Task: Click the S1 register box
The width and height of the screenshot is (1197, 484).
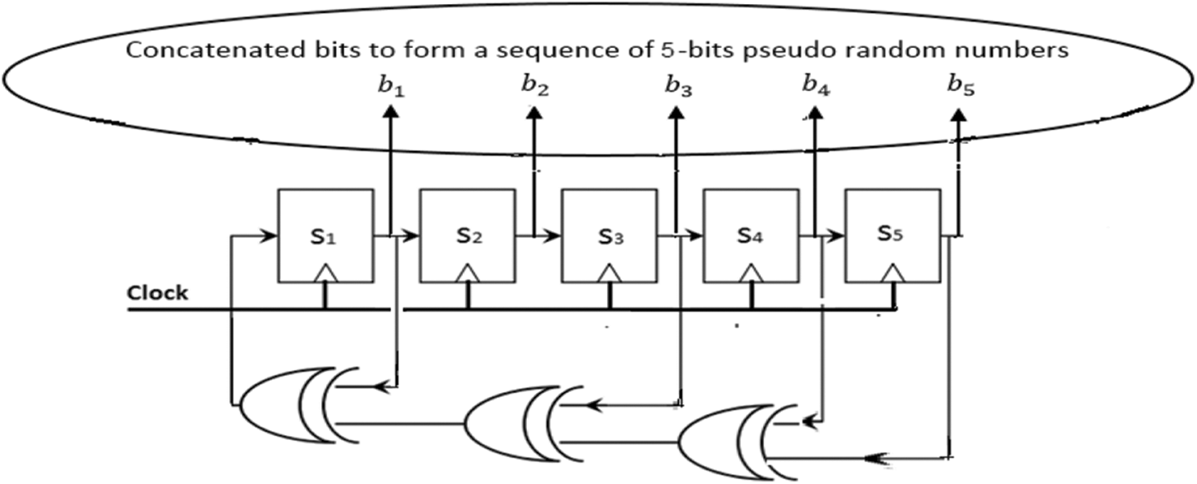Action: pyautogui.click(x=324, y=236)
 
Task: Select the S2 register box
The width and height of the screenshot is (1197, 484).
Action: pyautogui.click(x=467, y=236)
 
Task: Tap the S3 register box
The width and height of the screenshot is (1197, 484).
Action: pyautogui.click(x=608, y=236)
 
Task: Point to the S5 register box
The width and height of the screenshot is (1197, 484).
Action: pyautogui.click(x=892, y=236)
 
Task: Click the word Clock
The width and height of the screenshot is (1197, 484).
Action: pyautogui.click(x=158, y=293)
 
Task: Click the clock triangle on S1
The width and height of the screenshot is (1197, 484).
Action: pyautogui.click(x=324, y=274)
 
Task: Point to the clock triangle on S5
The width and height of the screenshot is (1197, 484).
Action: pyautogui.click(x=893, y=274)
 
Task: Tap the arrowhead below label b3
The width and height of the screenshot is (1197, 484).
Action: pyautogui.click(x=677, y=114)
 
